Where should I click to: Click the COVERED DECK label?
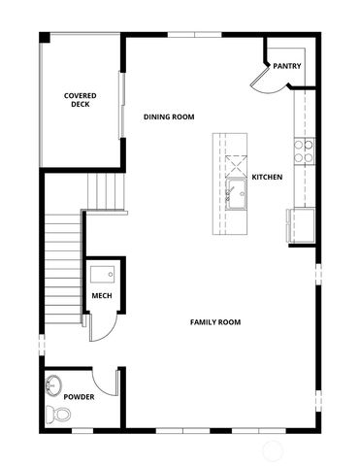coord(80,99)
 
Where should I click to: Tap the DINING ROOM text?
coord(169,116)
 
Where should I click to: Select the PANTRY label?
coord(286,66)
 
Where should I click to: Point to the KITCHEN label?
coord(267,178)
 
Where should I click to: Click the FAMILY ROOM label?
coord(215,322)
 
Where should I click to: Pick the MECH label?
coord(101,296)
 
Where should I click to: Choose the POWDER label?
coord(79,397)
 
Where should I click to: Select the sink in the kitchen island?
coord(236,192)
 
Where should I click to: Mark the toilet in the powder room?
coord(61,415)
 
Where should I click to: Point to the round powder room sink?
coord(52,385)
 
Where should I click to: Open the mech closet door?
coord(100,326)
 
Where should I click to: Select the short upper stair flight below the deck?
coord(106,189)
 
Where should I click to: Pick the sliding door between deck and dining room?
coord(122,102)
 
